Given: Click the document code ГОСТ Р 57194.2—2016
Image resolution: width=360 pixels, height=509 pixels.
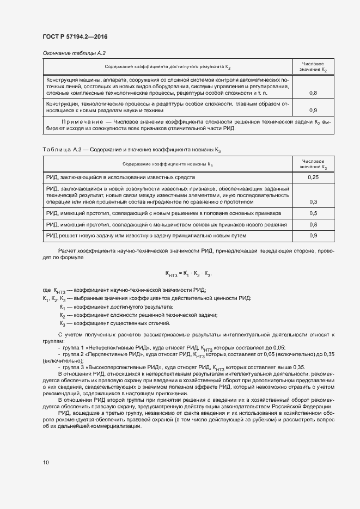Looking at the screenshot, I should (75, 36).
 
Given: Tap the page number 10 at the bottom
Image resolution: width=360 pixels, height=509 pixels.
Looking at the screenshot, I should (46, 463).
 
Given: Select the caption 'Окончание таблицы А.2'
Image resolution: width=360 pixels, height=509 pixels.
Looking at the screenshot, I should (74, 53).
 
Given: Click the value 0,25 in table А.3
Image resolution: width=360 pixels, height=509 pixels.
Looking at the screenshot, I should (313, 177).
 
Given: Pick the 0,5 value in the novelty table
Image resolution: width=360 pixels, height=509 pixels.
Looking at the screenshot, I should (313, 213).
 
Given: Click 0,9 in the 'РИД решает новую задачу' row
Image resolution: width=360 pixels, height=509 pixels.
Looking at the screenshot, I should (313, 236).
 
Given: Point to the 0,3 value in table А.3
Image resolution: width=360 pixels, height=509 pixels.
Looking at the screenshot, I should (313, 202).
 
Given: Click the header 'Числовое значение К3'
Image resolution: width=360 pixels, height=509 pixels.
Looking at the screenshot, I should (313, 164).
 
